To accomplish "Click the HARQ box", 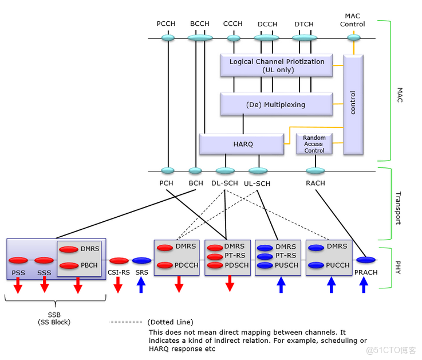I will pyautogui.click(x=242, y=144).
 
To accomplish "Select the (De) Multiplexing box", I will pyautogui.click(x=276, y=104).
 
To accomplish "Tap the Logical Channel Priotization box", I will pyautogui.click(x=276, y=65).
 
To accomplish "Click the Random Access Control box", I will pyautogui.click(x=314, y=144).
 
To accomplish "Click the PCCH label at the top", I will pyautogui.click(x=166, y=24).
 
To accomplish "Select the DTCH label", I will pyautogui.click(x=303, y=24).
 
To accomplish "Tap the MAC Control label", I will pyautogui.click(x=352, y=20).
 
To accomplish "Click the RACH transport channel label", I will pyautogui.click(x=315, y=183).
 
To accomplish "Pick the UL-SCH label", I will pyautogui.click(x=258, y=183).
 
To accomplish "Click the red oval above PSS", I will pyautogui.click(x=18, y=260).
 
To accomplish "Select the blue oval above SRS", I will pyautogui.click(x=141, y=261).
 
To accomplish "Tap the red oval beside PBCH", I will pyautogui.click(x=69, y=265).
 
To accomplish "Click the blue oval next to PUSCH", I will pyautogui.click(x=265, y=265).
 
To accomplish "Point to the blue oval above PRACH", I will pyautogui.click(x=365, y=260).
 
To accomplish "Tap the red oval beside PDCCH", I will pyautogui.click(x=165, y=265).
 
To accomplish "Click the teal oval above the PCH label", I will pyautogui.click(x=167, y=170).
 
